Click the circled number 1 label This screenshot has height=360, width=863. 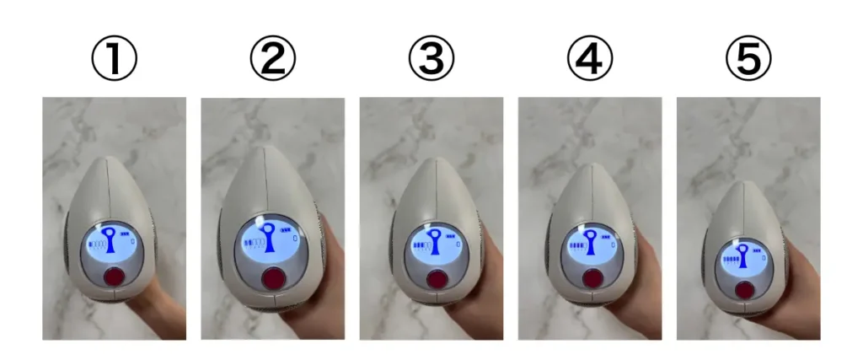(114, 58)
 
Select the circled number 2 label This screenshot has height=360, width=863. (272, 58)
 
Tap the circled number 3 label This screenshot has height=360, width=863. (431, 58)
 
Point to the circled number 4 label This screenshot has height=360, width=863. (589, 58)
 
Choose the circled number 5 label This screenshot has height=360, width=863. (748, 58)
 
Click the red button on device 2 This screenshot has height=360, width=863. (273, 278)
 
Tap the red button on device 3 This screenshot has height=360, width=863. (437, 279)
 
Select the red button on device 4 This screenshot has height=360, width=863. (592, 278)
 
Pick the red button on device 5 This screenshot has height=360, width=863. (745, 289)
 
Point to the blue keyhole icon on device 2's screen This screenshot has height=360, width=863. (269, 238)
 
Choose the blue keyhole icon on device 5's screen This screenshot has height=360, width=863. (743, 256)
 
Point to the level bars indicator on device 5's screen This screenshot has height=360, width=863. (731, 260)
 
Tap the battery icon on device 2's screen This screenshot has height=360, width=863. (286, 230)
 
